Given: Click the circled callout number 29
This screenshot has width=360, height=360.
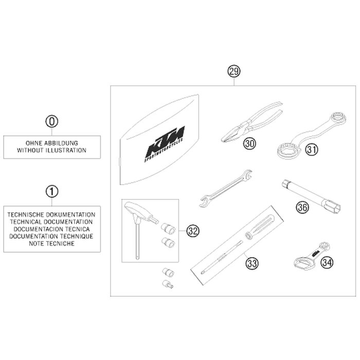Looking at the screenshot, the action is [233, 71].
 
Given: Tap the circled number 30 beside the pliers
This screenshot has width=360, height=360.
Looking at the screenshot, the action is [249, 143].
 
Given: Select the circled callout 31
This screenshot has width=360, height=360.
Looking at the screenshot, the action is [312, 150].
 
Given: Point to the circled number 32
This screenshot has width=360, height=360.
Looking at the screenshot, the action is [193, 231].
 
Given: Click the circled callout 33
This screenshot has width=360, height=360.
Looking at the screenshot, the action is [252, 263].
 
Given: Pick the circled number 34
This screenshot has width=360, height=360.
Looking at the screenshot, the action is [327, 262].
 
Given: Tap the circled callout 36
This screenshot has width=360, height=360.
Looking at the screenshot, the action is [302, 207].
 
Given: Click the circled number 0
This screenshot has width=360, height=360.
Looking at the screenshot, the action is [52, 121].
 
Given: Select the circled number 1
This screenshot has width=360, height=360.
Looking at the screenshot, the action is [52, 191].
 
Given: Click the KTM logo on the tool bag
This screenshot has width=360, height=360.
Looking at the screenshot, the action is [165, 143].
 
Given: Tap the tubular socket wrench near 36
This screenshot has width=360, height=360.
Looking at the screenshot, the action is [312, 196].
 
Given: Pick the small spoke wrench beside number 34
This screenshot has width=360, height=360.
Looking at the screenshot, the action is [312, 255].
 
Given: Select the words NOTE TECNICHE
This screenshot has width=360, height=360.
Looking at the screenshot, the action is [51, 244].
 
